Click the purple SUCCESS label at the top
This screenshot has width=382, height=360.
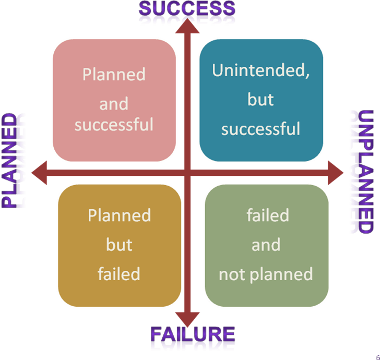187,9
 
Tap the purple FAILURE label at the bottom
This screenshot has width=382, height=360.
193,335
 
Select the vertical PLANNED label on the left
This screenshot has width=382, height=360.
14,162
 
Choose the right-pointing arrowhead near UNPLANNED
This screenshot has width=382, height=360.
336,173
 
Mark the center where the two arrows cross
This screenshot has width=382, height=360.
187,173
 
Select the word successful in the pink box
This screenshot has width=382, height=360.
114,125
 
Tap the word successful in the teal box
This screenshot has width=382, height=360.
260,128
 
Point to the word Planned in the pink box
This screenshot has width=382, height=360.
114,75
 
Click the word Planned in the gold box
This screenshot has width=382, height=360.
120,215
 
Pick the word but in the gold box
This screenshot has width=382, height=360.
119,245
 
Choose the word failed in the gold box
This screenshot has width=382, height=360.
119,273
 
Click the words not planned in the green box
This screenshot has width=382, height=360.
266,273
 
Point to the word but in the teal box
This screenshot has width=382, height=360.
260,99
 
